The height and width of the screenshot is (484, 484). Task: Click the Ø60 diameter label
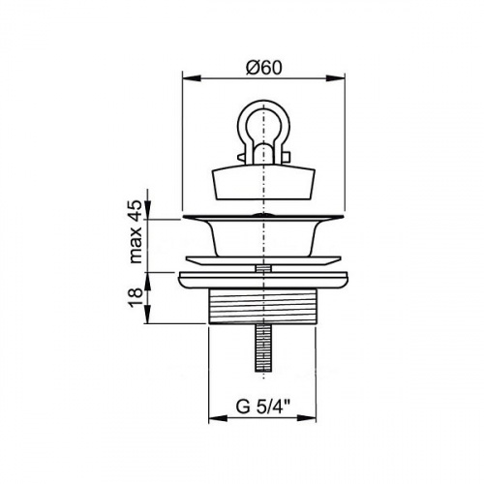coord(264,68)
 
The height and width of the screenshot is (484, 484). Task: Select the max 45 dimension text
coord(136,231)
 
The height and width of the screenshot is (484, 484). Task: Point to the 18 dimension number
coord(136,297)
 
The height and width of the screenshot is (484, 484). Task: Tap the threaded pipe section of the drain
coord(262,307)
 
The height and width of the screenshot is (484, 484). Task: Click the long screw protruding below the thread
coord(263,348)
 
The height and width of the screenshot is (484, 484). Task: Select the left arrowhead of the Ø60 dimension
coord(191,78)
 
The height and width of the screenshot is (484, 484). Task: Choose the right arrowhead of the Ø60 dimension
coord(337,78)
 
